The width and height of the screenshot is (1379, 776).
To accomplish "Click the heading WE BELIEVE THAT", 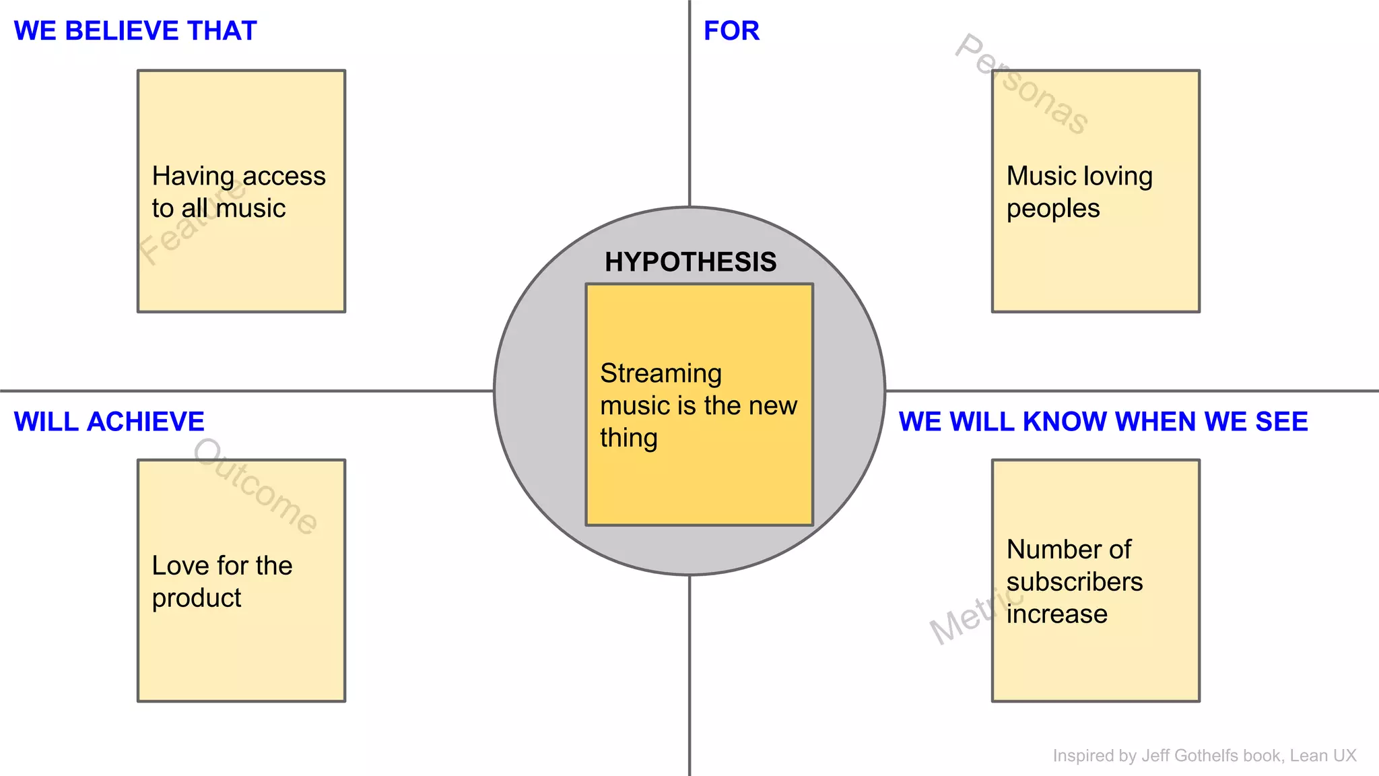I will (135, 31).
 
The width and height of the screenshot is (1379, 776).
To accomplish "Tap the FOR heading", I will (731, 31).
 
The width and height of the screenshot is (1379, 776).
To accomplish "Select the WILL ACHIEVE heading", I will (109, 422).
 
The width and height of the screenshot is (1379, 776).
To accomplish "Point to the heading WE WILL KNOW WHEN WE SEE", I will (1103, 422).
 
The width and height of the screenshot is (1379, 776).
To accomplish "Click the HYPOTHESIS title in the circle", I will (690, 262).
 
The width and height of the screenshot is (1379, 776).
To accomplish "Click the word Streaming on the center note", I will (661, 373).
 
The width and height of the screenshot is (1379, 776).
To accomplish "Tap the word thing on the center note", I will (629, 439).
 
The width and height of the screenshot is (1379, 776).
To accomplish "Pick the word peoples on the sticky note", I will (1053, 209).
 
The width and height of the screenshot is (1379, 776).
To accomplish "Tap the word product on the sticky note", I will (197, 598).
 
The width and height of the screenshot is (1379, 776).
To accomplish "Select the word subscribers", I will (1075, 582).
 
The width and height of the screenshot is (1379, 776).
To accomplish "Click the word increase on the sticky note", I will (1056, 614).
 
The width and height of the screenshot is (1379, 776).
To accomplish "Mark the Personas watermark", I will (1021, 84).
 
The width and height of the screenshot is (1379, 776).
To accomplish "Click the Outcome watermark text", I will (255, 486).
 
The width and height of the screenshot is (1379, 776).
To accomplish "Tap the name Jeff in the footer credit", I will (1156, 756).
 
